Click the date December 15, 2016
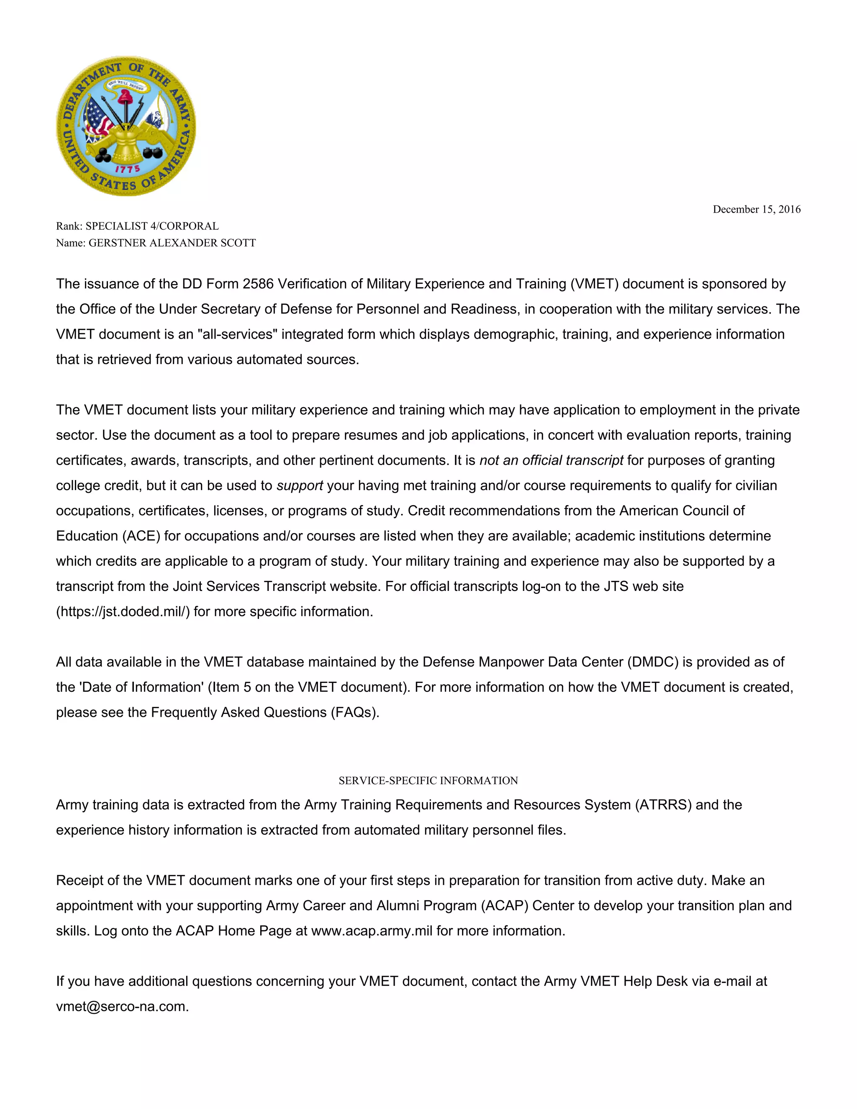[x=757, y=209]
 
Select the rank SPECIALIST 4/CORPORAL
[x=152, y=226]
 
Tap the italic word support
[x=300, y=485]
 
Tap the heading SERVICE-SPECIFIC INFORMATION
[x=428, y=780]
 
